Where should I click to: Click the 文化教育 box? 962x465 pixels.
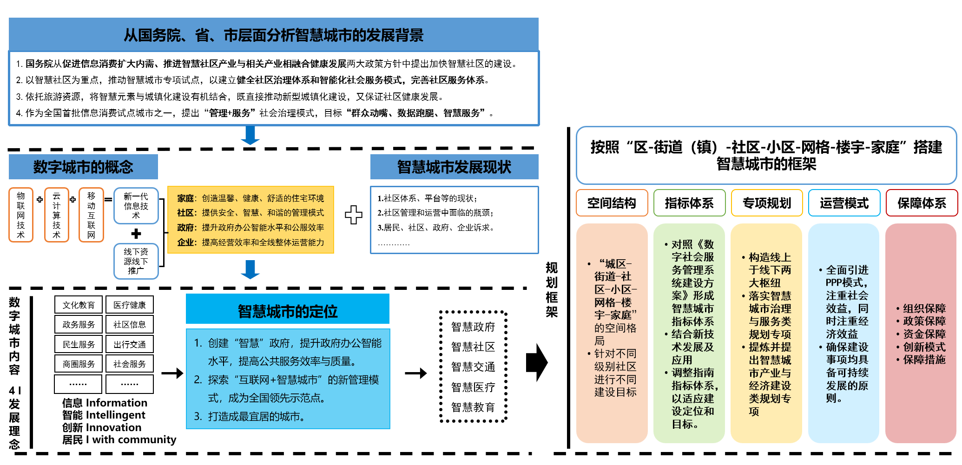pos(78,305)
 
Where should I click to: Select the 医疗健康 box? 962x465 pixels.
pos(129,305)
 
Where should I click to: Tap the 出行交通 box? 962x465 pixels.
pos(129,344)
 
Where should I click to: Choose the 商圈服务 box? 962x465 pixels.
pos(78,364)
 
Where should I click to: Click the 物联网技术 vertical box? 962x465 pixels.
pos(21,215)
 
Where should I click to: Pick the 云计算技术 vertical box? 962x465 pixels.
pos(56,215)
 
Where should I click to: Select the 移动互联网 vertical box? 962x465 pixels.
pos(91,215)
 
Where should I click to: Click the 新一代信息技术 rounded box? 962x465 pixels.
pos(136,206)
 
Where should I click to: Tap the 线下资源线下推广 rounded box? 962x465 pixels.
pos(136,261)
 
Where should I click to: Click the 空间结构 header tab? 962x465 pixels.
pos(612,203)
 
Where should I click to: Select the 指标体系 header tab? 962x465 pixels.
pos(689,203)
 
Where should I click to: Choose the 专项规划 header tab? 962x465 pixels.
pos(767,203)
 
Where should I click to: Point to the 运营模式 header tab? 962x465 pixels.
pos(844,203)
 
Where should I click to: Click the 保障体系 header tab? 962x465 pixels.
pos(922,203)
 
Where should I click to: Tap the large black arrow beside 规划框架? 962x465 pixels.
pos(537,363)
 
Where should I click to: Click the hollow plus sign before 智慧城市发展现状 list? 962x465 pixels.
pos(354,215)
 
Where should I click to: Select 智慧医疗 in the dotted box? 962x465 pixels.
pos(473,387)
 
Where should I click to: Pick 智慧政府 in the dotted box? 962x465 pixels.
pos(473,327)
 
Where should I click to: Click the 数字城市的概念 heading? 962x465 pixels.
pos(83,167)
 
